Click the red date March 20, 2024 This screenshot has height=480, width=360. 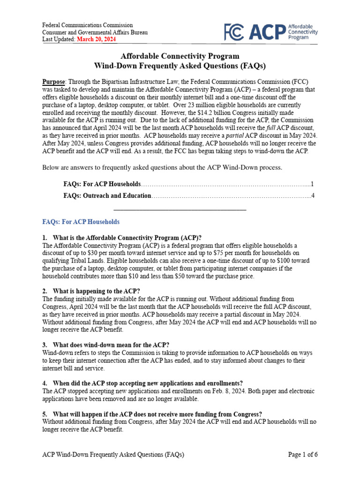(97, 40)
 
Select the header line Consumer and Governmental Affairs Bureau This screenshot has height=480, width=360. (95, 32)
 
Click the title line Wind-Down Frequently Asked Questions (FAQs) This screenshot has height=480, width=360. (180, 66)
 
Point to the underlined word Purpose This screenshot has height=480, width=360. (53, 80)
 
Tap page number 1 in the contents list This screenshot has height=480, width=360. (312, 184)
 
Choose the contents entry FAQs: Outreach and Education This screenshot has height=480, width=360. (107, 196)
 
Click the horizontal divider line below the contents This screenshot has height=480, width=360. (180, 209)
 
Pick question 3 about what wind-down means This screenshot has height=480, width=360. (111, 345)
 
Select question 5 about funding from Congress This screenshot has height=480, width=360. (157, 414)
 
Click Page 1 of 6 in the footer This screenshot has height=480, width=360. (302, 455)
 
